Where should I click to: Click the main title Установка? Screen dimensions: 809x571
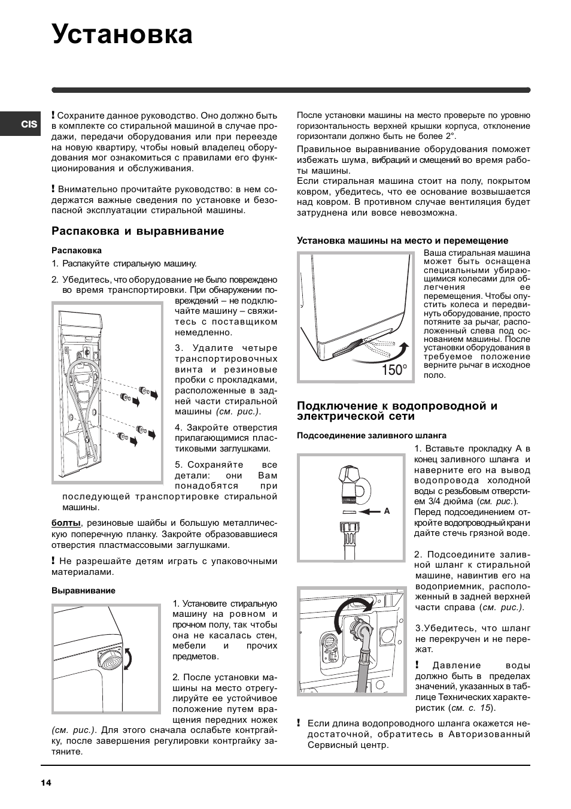point(122,34)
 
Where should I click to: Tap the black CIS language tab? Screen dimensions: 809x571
point(28,125)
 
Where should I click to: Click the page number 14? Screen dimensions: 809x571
point(46,783)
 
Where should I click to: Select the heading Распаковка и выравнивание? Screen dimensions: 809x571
point(138,231)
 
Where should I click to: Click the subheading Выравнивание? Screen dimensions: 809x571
point(83,590)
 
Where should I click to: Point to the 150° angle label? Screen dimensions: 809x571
point(394,370)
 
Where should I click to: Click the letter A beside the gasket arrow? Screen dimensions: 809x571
point(387,511)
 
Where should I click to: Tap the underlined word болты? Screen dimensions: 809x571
point(66,523)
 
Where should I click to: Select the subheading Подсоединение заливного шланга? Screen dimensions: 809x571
point(371,435)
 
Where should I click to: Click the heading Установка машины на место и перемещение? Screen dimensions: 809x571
point(402,241)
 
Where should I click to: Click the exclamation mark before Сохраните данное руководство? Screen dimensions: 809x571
point(53,114)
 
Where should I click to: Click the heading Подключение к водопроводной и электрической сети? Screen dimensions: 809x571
point(397,411)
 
